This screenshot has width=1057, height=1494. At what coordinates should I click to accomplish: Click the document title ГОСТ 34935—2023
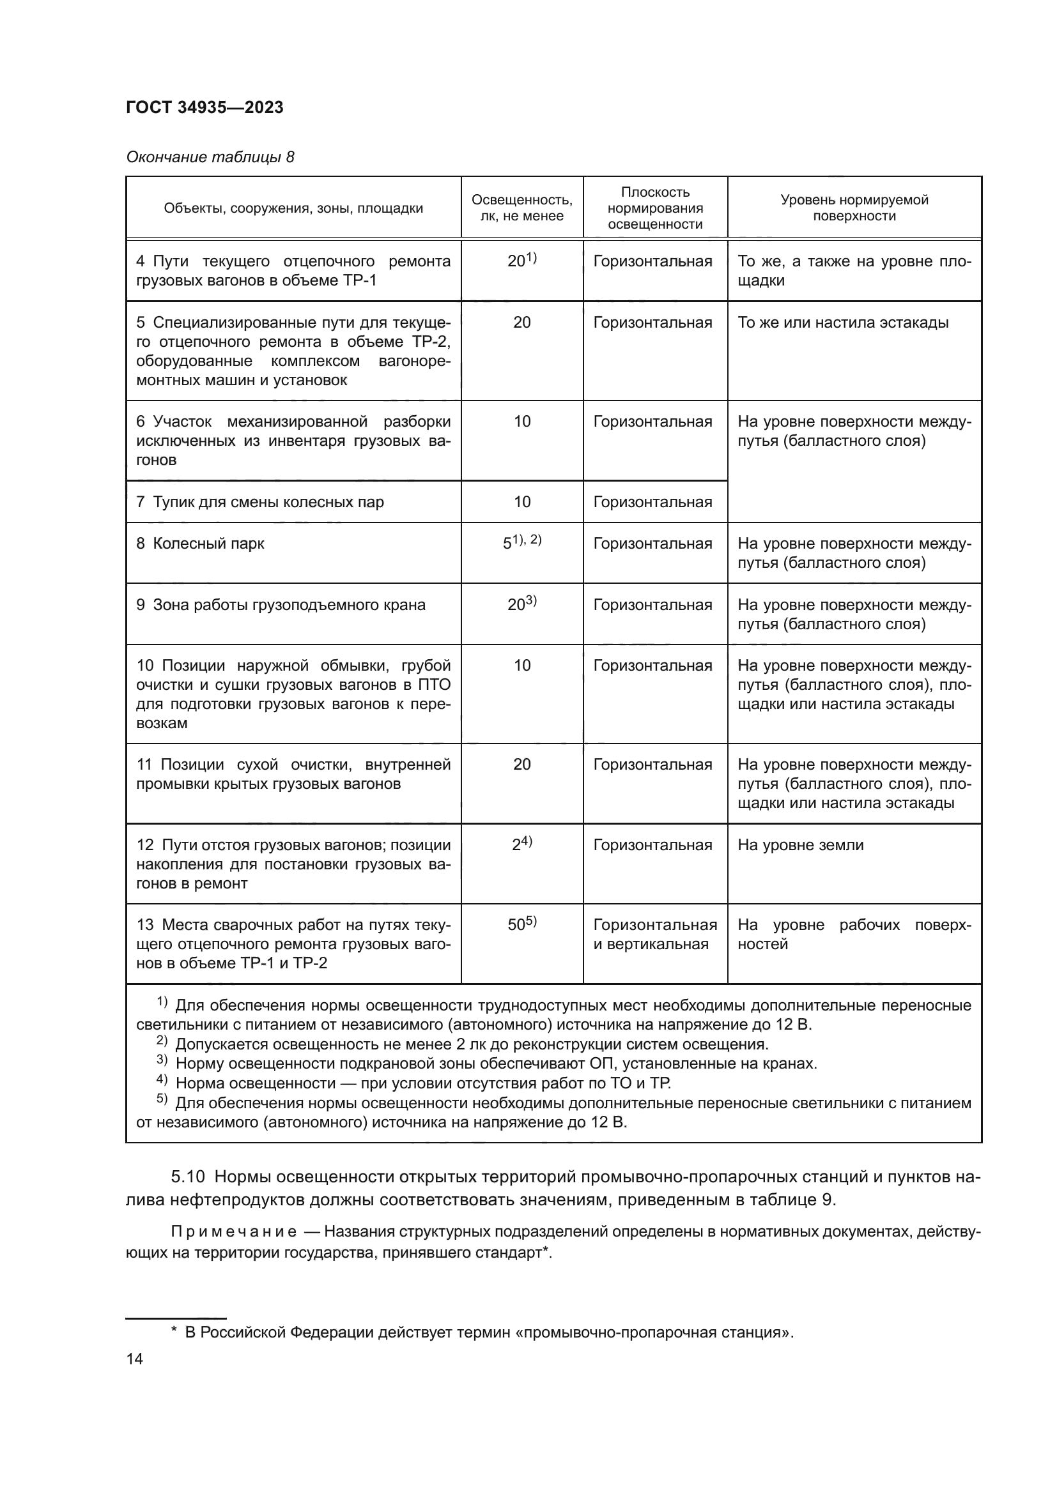click(x=204, y=107)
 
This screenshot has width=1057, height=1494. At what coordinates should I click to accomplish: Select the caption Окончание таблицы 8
click(x=210, y=158)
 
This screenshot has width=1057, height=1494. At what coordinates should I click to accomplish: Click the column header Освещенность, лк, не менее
click(x=521, y=208)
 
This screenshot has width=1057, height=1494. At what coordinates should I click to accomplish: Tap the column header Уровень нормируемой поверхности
click(x=853, y=208)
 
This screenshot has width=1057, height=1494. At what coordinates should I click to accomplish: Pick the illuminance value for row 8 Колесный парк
click(x=521, y=543)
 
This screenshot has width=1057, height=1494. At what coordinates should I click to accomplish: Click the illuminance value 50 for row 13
click(x=521, y=924)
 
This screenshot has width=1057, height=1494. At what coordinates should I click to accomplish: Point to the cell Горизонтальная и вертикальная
click(x=654, y=934)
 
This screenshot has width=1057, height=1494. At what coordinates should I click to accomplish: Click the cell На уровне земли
click(x=800, y=845)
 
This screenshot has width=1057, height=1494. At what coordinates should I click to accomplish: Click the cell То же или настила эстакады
click(x=842, y=323)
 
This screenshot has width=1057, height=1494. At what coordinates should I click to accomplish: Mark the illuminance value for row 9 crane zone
click(x=521, y=604)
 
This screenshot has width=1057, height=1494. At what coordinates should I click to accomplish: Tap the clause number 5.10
click(x=187, y=1177)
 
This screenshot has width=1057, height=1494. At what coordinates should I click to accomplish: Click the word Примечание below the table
click(x=234, y=1231)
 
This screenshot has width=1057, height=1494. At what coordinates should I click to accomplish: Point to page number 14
click(x=135, y=1359)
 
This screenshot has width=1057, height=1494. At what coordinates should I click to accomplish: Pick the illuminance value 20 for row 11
click(x=521, y=764)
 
